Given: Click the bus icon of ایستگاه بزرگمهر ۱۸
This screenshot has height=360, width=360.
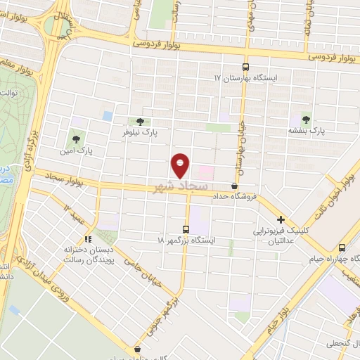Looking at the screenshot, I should coord(186,229).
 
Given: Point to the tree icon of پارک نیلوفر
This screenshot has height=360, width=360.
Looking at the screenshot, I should coord(139,122).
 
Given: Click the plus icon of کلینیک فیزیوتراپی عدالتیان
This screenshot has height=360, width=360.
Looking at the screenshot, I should coord(281,219).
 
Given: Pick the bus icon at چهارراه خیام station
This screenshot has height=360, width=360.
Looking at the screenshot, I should coord(342,247).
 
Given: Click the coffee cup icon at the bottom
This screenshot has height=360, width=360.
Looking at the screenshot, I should coord(137,349).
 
